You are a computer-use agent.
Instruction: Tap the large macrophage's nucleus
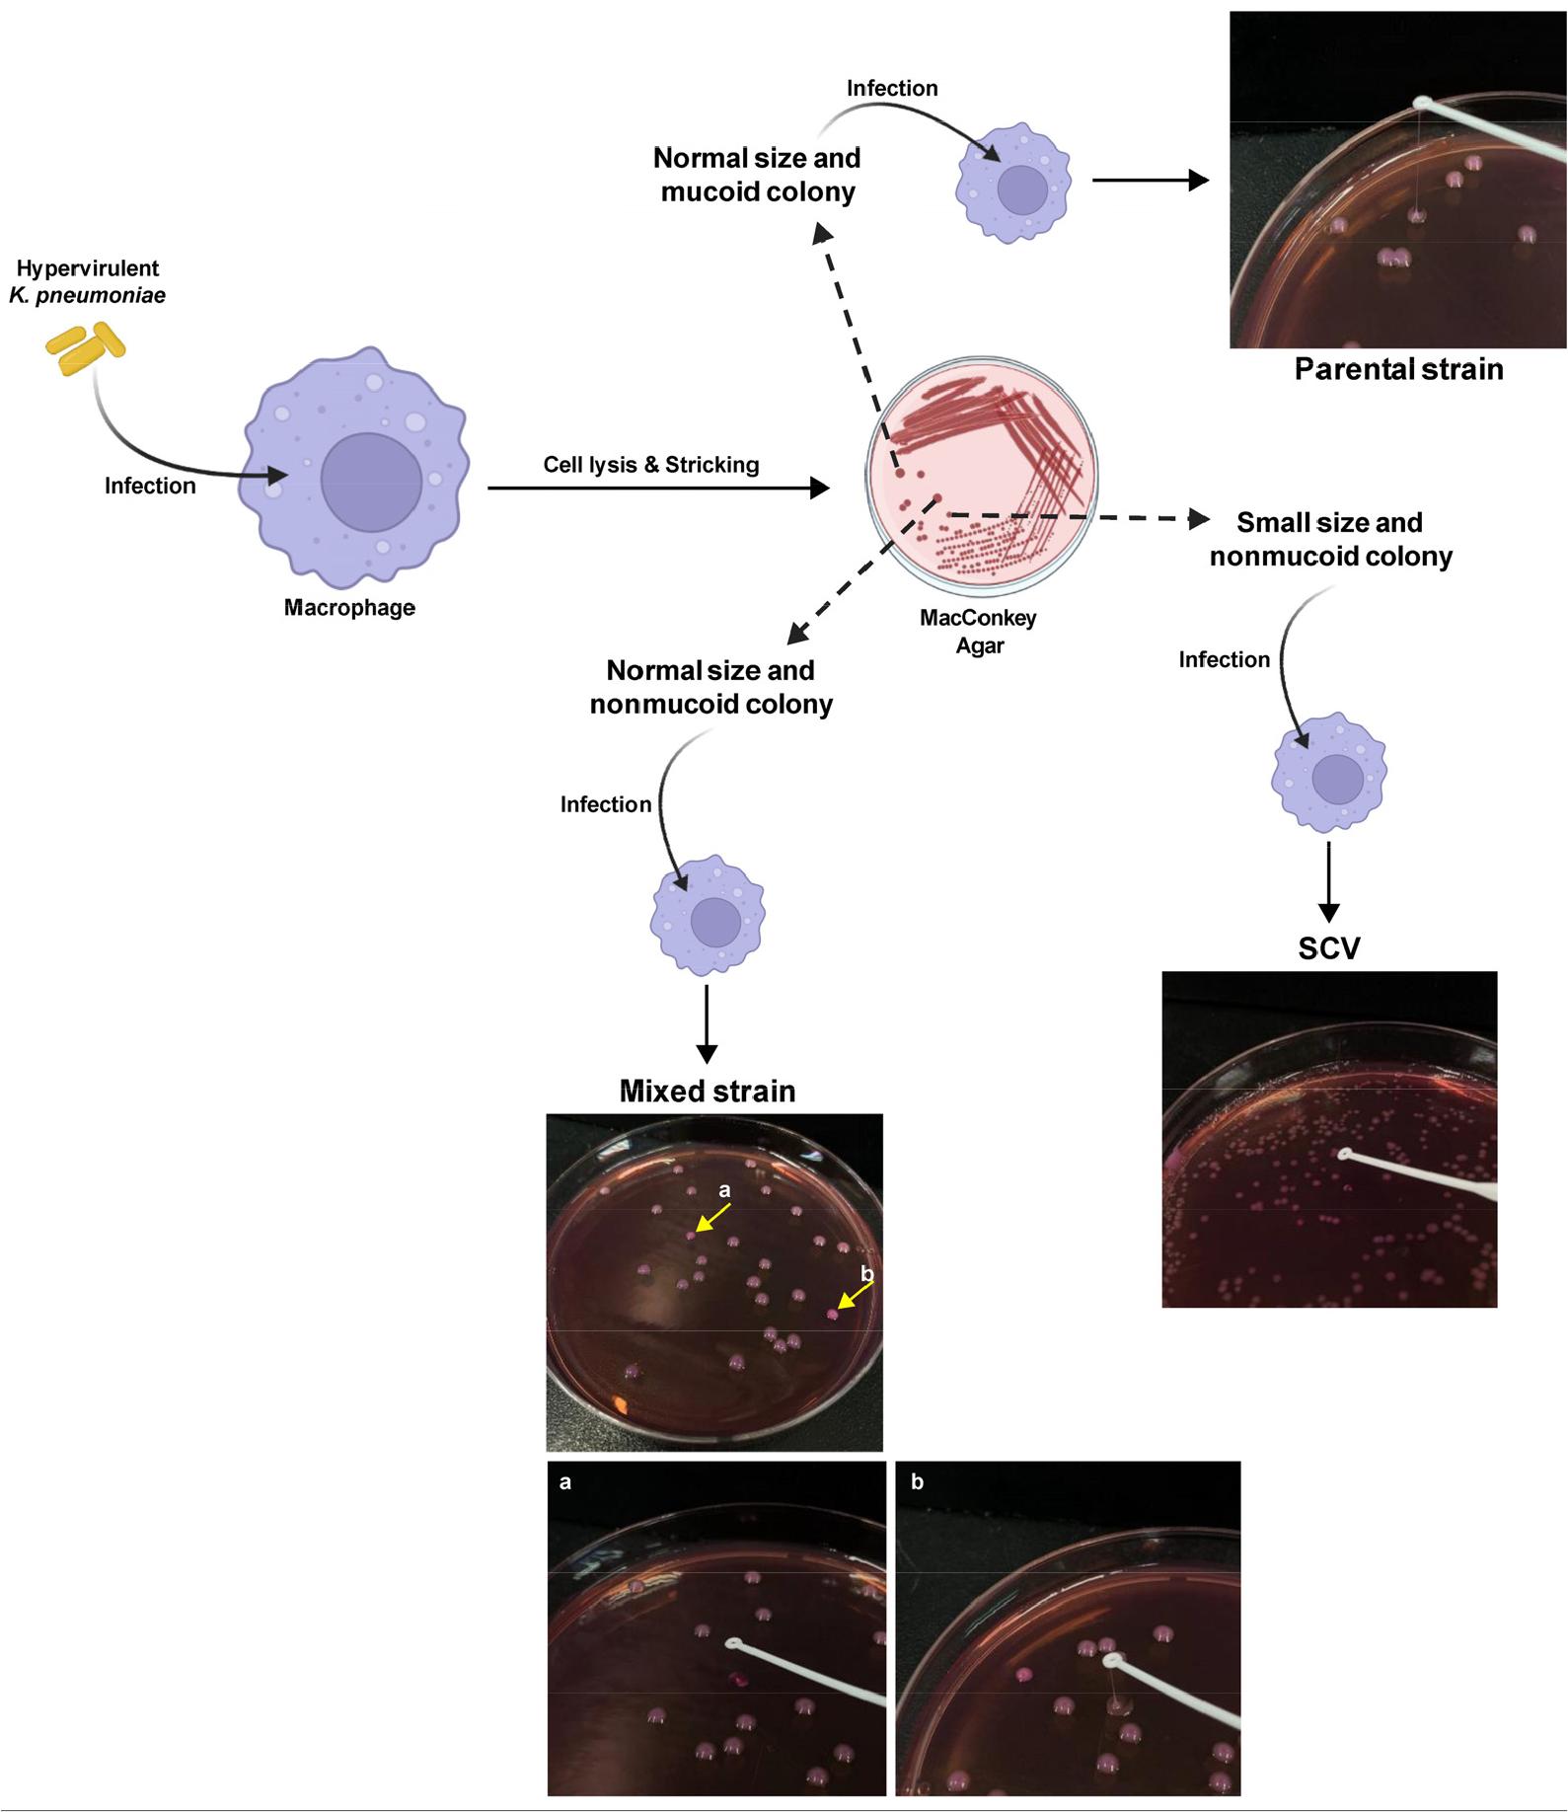pyautogui.click(x=371, y=481)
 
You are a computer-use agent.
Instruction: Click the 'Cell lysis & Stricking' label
pyautogui.click(x=651, y=465)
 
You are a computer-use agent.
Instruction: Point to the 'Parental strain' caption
pyautogui.click(x=1398, y=369)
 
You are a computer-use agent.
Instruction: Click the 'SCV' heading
pyautogui.click(x=1328, y=948)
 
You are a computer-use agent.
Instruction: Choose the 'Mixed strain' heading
pyautogui.click(x=707, y=1091)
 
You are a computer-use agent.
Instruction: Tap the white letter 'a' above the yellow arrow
pyautogui.click(x=725, y=1190)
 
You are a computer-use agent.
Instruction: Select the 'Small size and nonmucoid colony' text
pyautogui.click(x=1330, y=539)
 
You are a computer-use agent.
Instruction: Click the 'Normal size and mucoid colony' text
pyautogui.click(x=757, y=175)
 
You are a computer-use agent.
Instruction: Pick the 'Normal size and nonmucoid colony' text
pyautogui.click(x=710, y=687)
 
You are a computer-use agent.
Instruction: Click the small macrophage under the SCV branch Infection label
pyautogui.click(x=1329, y=772)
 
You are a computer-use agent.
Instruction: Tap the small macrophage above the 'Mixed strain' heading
pyautogui.click(x=708, y=915)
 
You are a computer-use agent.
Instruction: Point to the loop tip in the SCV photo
pyautogui.click(x=1345, y=1154)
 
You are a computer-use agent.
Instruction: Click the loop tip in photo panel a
pyautogui.click(x=733, y=1643)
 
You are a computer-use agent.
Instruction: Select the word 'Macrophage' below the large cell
pyautogui.click(x=349, y=608)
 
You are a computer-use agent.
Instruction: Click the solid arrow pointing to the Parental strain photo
pyautogui.click(x=1150, y=181)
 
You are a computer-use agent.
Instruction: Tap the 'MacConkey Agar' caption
pyautogui.click(x=978, y=632)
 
